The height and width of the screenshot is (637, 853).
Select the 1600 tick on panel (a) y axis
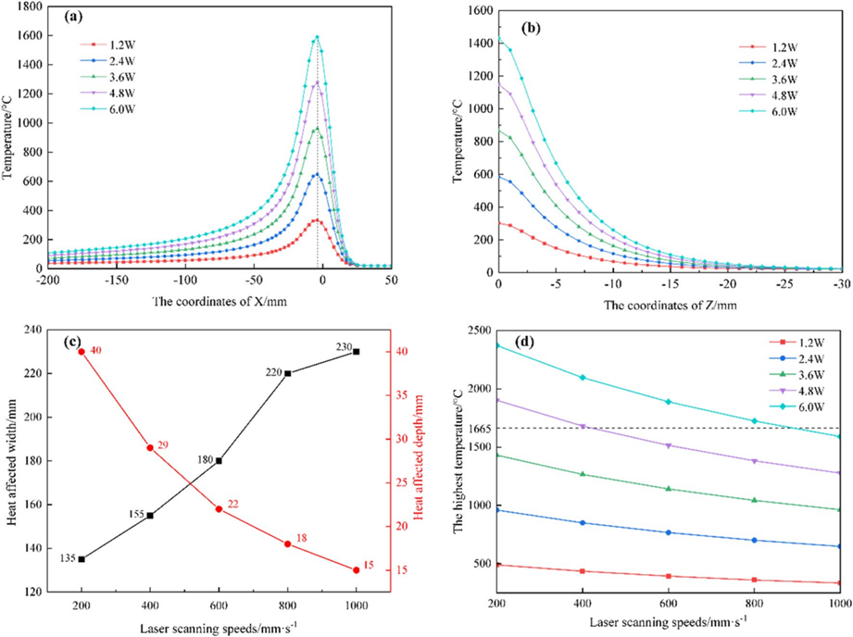(x=27, y=36)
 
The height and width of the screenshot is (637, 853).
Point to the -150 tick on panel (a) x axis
(x=117, y=280)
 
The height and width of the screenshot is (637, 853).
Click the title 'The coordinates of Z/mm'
(x=670, y=305)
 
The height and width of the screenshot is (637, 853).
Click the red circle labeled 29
(x=150, y=448)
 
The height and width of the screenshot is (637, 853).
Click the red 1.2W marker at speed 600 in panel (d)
(x=670, y=576)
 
